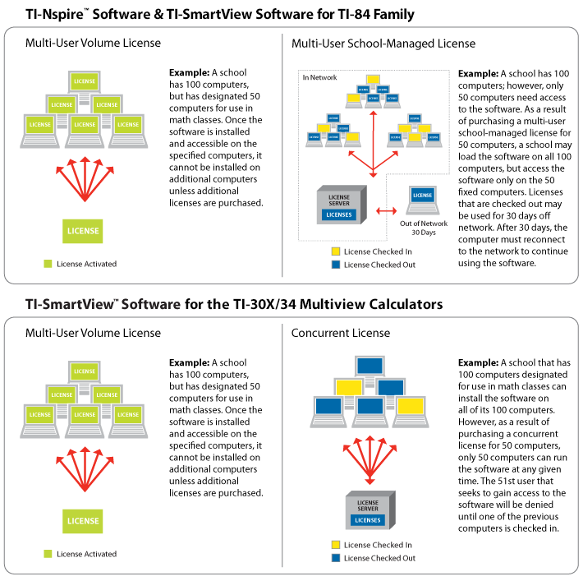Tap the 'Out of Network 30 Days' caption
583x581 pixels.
point(423,228)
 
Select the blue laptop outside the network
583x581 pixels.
point(423,200)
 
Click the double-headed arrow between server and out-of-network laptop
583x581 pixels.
point(386,211)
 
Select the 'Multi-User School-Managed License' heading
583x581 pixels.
point(383,44)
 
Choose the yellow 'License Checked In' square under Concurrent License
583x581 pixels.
point(334,544)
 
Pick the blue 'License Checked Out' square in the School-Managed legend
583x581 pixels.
point(334,265)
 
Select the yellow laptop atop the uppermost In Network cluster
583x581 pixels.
point(374,80)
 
